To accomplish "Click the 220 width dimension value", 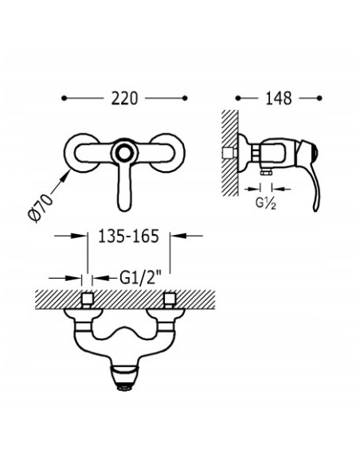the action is click(x=124, y=99).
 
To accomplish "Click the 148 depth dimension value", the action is click(x=279, y=99).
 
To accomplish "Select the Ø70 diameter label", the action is click(x=40, y=208).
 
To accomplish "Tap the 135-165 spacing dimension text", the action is click(x=128, y=236).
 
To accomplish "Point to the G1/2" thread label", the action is click(x=140, y=278).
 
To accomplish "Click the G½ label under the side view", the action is click(x=266, y=204).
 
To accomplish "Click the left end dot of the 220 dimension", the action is click(x=64, y=98).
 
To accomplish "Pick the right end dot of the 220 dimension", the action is click(x=185, y=98).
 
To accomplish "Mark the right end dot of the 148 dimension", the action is click(x=319, y=98).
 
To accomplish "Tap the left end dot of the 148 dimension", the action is click(x=238, y=98).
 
